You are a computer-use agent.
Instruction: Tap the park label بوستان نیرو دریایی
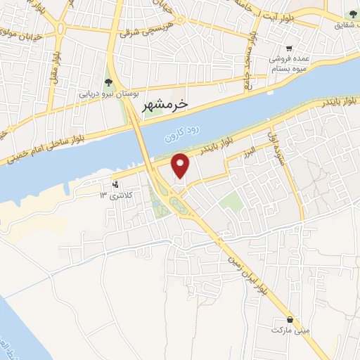[x=108, y=92]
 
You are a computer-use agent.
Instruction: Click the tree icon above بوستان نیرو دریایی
[x=108, y=81]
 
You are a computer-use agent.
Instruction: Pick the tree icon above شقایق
[x=352, y=14]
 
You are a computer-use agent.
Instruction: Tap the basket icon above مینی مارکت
[x=290, y=319]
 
